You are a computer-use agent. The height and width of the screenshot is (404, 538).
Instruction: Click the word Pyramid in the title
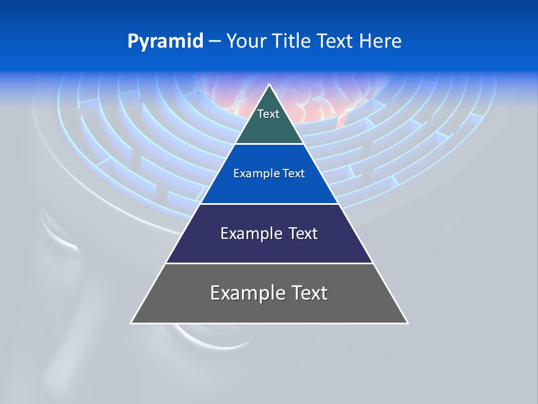pyautogui.click(x=165, y=41)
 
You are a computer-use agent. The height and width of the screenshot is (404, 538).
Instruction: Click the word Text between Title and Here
pyautogui.click(x=336, y=41)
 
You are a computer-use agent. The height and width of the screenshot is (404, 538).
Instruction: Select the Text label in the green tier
pyautogui.click(x=268, y=114)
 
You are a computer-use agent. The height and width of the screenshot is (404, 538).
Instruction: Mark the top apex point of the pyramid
pyautogui.click(x=269, y=85)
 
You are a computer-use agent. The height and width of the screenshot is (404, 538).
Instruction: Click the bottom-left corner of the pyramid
pyautogui.click(x=131, y=323)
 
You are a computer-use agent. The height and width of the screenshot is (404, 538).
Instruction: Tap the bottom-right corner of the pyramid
pyautogui.click(x=407, y=323)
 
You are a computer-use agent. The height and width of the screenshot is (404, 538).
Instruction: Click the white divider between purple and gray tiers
pyautogui.click(x=269, y=263)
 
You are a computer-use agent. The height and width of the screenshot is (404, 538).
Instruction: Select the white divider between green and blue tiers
pyautogui.click(x=269, y=144)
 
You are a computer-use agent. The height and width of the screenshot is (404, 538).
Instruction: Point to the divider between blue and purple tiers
pyautogui.click(x=269, y=204)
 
